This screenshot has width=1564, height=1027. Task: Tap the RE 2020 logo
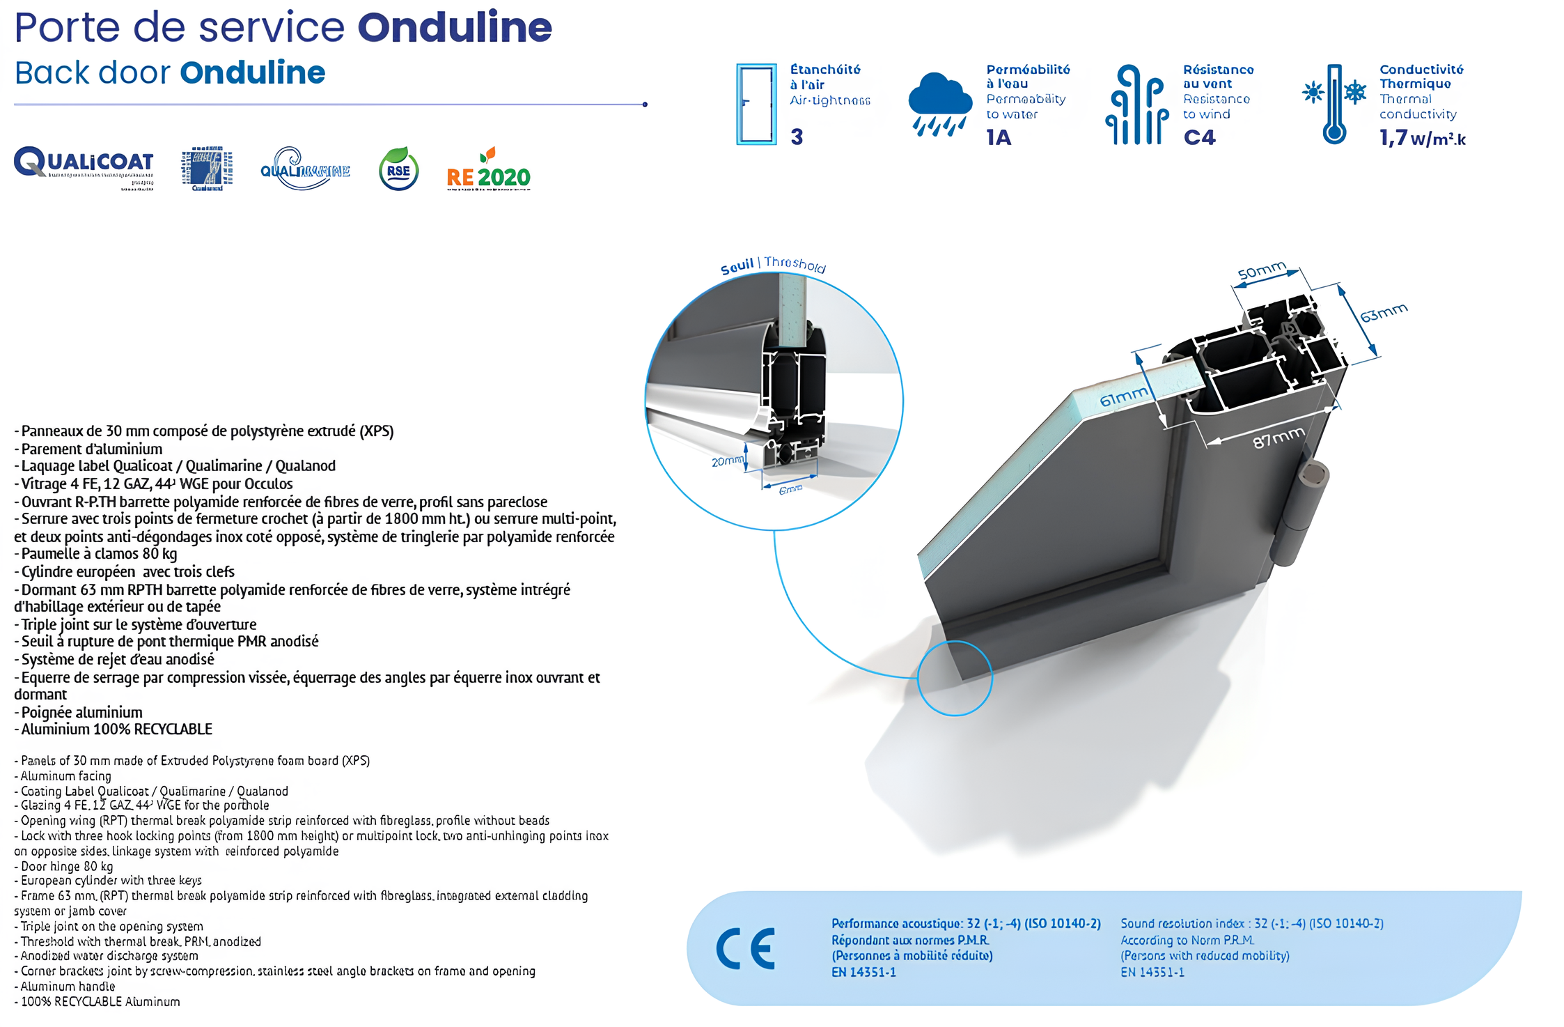[488, 171]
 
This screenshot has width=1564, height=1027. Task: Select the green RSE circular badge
[398, 169]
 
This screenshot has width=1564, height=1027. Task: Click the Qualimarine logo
[304, 169]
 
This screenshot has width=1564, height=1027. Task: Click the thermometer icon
[1334, 105]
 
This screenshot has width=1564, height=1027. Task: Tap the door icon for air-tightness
[756, 104]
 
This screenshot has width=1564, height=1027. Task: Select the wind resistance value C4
[1199, 137]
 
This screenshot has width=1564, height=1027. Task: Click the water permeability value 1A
[999, 137]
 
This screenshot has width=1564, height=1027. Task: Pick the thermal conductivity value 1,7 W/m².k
[1422, 138]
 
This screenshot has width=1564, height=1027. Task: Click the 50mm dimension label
[1261, 271]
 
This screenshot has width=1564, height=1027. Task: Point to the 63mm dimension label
[1384, 313]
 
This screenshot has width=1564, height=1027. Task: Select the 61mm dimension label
[1123, 397]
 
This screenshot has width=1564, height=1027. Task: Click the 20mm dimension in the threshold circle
[727, 461]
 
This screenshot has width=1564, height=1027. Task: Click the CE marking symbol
[746, 948]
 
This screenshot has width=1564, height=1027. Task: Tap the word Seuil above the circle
[737, 267]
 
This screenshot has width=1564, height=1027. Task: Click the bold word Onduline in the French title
[455, 27]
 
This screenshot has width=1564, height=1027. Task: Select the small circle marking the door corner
[955, 678]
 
